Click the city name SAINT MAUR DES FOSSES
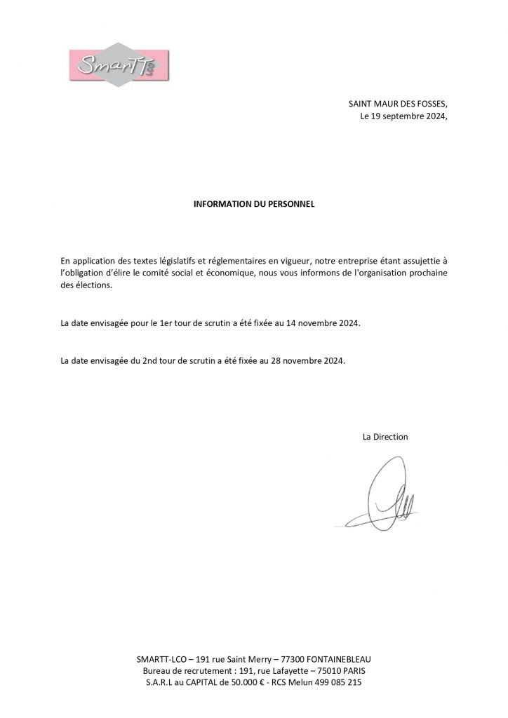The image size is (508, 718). pyautogui.click(x=397, y=104)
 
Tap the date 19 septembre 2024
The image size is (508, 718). pyautogui.click(x=408, y=116)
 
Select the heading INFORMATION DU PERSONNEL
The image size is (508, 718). pyautogui.click(x=254, y=205)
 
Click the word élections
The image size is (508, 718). pyautogui.click(x=93, y=285)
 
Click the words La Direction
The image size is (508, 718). pyautogui.click(x=385, y=437)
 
